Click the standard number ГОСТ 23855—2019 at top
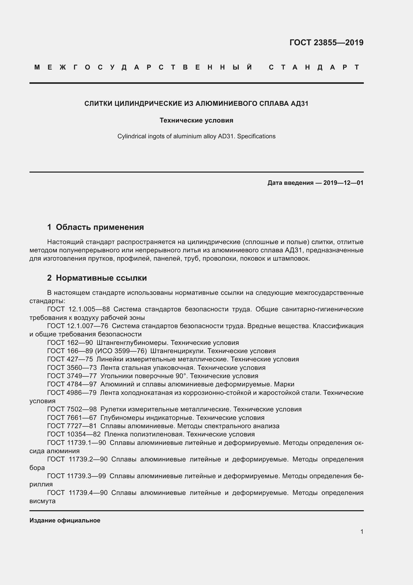(326, 43)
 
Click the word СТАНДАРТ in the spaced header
(314, 67)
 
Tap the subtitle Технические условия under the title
(196, 120)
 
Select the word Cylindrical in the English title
(132, 136)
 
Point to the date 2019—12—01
(343, 183)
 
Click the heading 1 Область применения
(96, 227)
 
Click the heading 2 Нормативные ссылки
(97, 278)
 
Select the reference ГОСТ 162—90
(70, 343)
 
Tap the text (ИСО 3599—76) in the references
(121, 351)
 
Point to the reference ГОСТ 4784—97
(72, 384)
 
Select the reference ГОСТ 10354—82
(74, 434)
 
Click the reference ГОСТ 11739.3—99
(77, 476)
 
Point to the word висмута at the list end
(42, 501)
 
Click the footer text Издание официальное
(65, 520)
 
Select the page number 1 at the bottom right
(362, 531)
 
